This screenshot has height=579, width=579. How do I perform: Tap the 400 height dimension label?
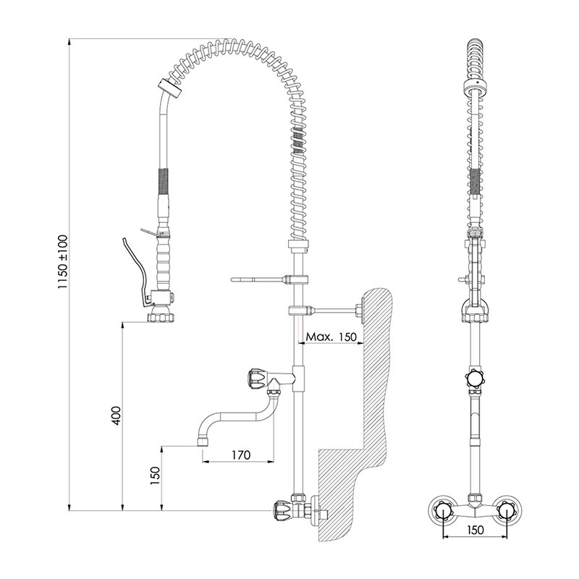[x=116, y=415]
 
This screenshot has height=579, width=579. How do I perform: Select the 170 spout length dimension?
[x=241, y=455]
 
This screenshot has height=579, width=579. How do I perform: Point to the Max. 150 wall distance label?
[x=331, y=337]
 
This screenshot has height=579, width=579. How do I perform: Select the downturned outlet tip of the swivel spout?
[x=202, y=439]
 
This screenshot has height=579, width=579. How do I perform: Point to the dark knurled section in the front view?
[x=473, y=181]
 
